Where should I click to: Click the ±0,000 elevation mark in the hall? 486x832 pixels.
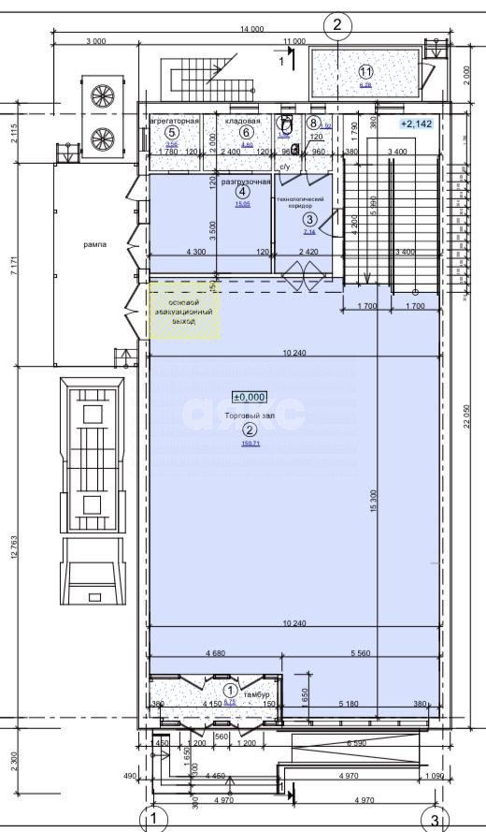click(250, 397)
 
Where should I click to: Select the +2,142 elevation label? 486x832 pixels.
click(416, 124)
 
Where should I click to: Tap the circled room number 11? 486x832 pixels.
click(365, 71)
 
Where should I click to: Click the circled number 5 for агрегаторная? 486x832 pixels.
click(172, 133)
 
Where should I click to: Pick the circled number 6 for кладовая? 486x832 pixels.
click(247, 133)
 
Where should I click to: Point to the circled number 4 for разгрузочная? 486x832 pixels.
click(243, 192)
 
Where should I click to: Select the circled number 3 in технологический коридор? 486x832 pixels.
click(310, 219)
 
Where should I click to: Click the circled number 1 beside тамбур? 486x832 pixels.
click(231, 689)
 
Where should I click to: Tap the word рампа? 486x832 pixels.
click(95, 244)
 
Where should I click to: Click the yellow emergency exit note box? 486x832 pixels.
click(185, 310)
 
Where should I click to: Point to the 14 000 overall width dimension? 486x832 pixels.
click(251, 30)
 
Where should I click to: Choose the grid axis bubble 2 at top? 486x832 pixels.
click(337, 23)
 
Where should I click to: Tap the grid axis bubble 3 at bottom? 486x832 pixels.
click(435, 820)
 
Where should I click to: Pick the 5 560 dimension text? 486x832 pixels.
click(364, 653)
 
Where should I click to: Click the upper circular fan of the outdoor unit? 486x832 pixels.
click(101, 94)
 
